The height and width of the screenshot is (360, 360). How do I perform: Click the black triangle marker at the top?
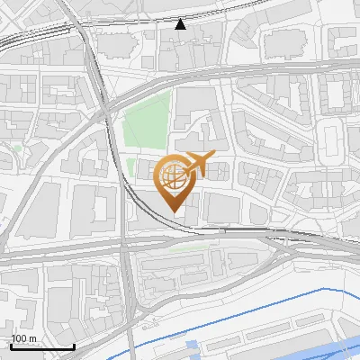(x=181, y=24)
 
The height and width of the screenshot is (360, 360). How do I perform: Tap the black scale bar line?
(x=42, y=346)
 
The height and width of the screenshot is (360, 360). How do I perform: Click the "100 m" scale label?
(x=23, y=338)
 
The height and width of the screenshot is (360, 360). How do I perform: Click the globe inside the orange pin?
(x=172, y=175)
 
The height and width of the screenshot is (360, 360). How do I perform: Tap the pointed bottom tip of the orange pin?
(x=173, y=212)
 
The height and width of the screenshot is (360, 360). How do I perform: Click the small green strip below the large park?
(x=131, y=167)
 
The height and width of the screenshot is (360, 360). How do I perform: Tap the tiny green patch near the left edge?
(x=17, y=148)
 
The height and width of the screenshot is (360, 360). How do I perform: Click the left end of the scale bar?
(x=12, y=346)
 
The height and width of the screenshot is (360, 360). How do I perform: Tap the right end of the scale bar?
(x=74, y=346)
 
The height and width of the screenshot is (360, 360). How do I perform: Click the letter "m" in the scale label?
(x=31, y=338)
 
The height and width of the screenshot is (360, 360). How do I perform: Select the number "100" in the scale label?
(x=19, y=338)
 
